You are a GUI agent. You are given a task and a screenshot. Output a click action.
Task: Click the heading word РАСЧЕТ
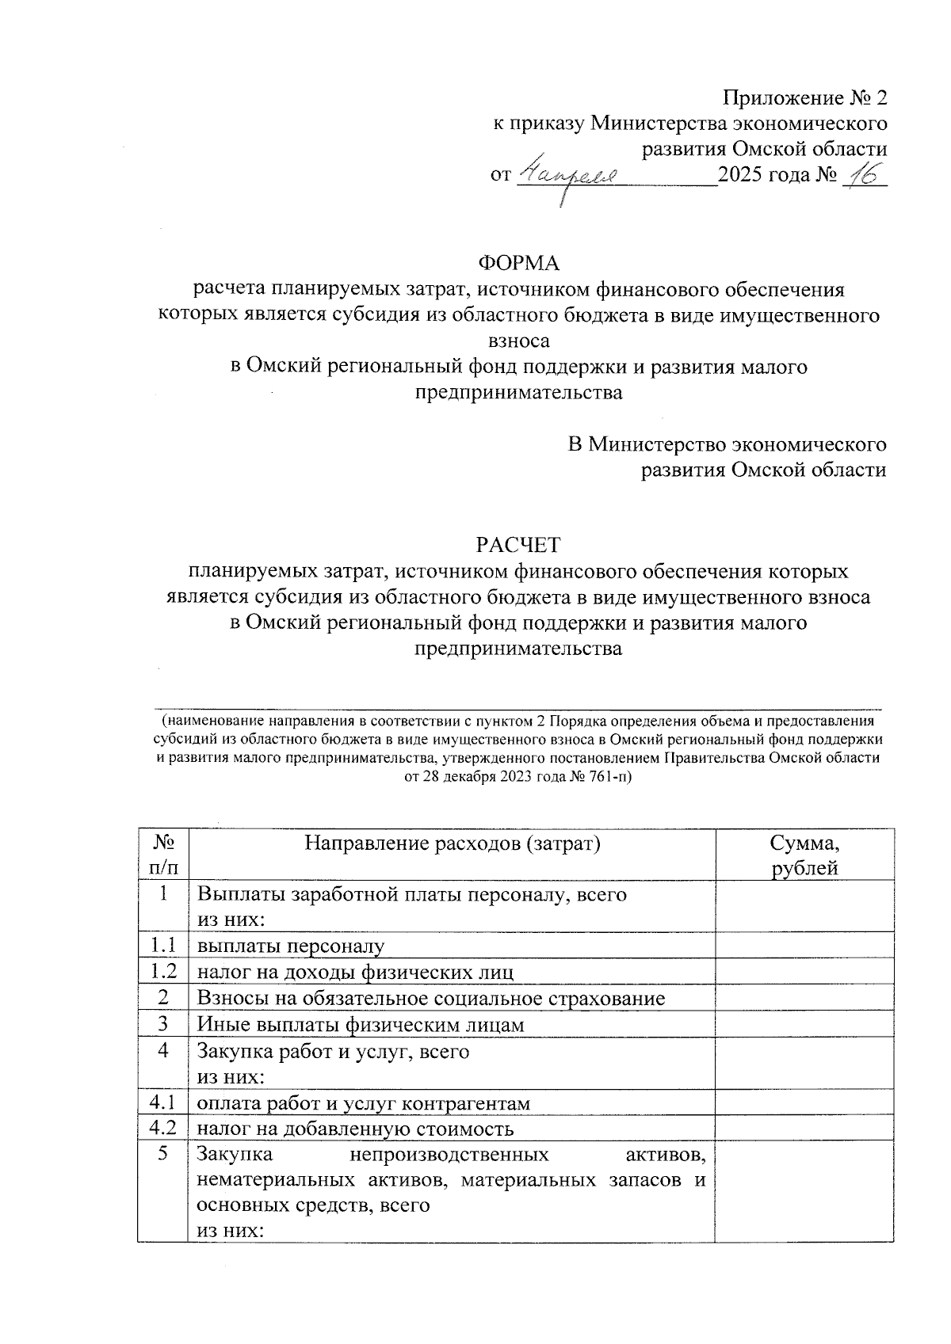click(x=518, y=545)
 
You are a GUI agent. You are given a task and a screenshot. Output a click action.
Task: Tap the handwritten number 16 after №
click(x=861, y=176)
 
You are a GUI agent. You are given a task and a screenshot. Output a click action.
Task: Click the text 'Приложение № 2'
click(x=804, y=98)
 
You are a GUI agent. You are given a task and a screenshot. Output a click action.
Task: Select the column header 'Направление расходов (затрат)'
click(x=453, y=843)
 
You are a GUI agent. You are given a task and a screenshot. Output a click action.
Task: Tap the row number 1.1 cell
click(x=162, y=946)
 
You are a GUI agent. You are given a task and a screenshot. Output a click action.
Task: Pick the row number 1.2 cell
click(x=162, y=972)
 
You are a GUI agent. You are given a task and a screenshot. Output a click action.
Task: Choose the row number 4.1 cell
click(x=162, y=1102)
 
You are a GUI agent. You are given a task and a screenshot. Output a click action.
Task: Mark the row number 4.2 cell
click(x=162, y=1129)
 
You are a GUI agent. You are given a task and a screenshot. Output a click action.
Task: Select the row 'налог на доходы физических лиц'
click(x=355, y=972)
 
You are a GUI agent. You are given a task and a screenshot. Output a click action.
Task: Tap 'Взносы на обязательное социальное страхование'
click(x=430, y=998)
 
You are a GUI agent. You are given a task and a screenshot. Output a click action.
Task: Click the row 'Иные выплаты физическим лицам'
click(x=361, y=1025)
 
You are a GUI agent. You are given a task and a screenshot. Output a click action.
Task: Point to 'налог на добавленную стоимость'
click(x=355, y=1129)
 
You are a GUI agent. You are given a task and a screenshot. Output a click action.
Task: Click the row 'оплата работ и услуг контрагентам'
click(x=363, y=1102)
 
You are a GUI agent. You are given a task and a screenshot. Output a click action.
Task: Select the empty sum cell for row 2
click(x=804, y=998)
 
